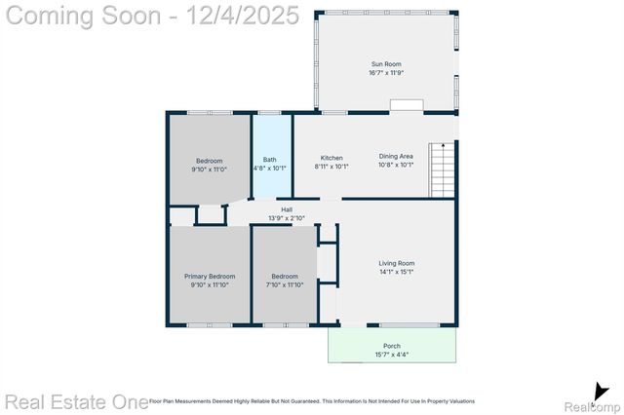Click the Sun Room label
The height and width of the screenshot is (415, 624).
point(386,64)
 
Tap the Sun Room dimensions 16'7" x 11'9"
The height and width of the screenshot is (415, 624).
point(386,73)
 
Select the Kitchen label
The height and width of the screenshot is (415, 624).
point(331,157)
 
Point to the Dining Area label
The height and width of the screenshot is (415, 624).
point(396,157)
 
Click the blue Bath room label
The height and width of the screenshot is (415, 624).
point(270,161)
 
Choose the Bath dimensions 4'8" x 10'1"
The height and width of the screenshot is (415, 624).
point(270,169)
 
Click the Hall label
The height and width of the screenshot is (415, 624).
point(287,209)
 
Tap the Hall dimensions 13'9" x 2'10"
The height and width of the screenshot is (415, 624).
point(287,218)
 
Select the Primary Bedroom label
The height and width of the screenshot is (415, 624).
point(210,277)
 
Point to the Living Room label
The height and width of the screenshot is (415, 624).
point(397,263)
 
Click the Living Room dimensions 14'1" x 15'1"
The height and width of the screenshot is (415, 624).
point(397,272)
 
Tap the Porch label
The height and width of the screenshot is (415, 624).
point(391,346)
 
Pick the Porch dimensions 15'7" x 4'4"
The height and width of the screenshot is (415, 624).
point(391,355)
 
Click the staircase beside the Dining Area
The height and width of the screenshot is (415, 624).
point(443,170)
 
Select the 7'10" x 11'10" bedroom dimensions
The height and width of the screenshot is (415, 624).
point(284,285)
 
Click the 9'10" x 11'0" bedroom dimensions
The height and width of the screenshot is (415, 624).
point(210,170)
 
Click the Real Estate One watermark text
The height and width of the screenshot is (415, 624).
point(73,400)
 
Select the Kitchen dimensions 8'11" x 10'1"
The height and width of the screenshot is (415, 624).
point(331,166)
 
